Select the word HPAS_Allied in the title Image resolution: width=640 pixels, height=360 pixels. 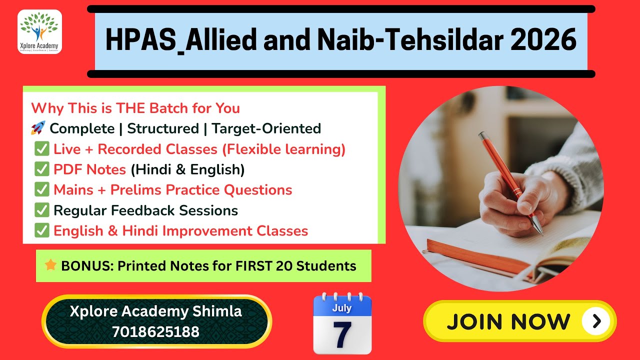point(180,41)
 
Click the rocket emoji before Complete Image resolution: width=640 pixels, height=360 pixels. point(37,128)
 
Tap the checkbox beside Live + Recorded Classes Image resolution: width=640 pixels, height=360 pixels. point(41,149)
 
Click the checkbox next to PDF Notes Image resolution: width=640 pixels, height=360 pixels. point(41,169)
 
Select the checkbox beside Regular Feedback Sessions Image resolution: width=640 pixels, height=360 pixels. point(41,210)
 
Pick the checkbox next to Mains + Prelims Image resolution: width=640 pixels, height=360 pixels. point(41,190)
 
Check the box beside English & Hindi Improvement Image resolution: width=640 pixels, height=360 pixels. point(41,231)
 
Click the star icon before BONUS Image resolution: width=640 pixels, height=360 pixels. point(50,265)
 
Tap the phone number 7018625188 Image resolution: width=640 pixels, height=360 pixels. point(155,331)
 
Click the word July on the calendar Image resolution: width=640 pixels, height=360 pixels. point(342,307)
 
